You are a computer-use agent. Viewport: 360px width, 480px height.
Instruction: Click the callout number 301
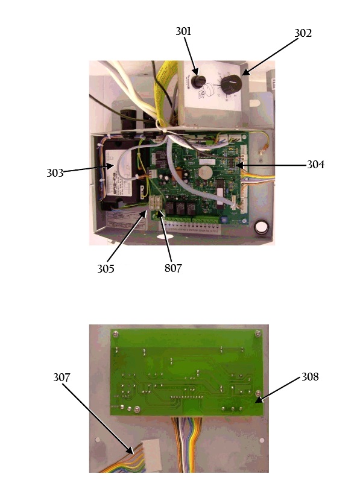coord(183,31)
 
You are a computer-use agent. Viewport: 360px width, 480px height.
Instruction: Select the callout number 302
coord(303,33)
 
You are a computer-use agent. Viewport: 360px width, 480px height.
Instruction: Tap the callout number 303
coord(55,173)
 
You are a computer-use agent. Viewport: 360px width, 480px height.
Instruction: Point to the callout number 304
coord(315,165)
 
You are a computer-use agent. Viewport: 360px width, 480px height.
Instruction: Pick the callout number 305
coord(106,268)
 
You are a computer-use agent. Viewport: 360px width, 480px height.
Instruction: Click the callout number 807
coord(173,268)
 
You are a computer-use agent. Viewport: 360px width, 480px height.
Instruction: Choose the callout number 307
coord(62,377)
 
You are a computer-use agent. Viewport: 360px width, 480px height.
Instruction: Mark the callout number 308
coord(310,377)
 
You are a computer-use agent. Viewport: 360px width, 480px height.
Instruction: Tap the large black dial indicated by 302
coord(232,84)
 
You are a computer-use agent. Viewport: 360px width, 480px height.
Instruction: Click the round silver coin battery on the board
coord(205,173)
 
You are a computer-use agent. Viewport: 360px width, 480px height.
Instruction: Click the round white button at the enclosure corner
coord(262,227)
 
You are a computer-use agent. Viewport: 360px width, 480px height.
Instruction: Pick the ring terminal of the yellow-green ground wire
coord(261,152)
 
